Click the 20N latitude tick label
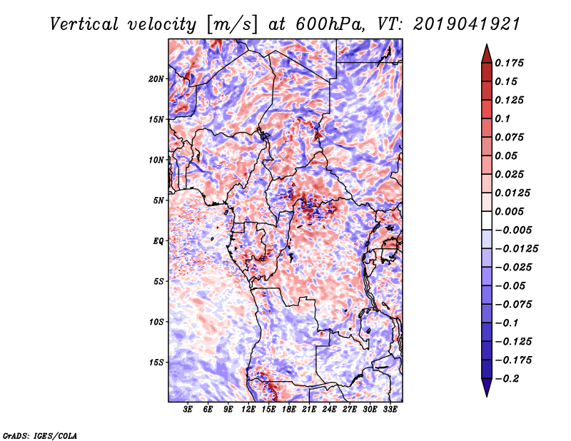(156, 78)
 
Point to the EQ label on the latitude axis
(158, 240)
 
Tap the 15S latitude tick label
(156, 362)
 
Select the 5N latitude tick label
(158, 201)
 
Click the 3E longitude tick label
(188, 410)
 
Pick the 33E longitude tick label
(390, 410)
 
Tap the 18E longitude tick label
(289, 410)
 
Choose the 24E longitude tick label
(329, 410)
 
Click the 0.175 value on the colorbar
(512, 63)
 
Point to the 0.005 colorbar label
(512, 211)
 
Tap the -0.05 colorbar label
(515, 285)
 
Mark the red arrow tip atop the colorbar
(486, 50)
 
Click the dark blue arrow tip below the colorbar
(486, 390)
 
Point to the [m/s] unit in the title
(229, 24)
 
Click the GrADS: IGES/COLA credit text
(39, 435)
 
